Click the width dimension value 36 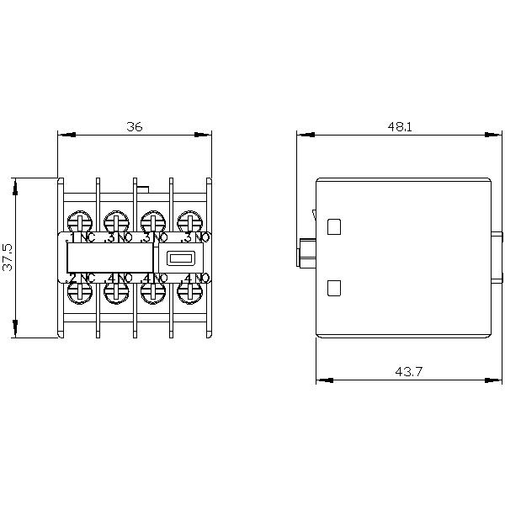pyautogui.click(x=135, y=126)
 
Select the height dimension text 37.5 pyautogui.click(x=8, y=258)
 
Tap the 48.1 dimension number pyautogui.click(x=400, y=126)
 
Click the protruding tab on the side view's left pyautogui.click(x=306, y=251)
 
